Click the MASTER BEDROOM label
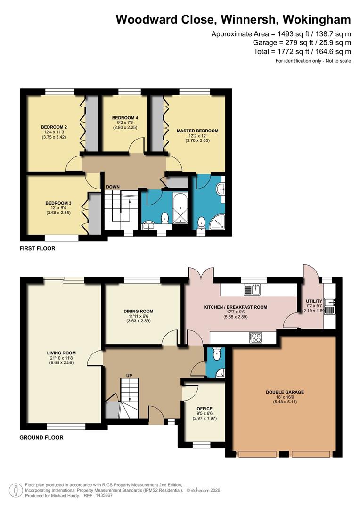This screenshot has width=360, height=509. tap(197, 131)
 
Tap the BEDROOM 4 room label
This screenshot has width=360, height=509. tap(125, 117)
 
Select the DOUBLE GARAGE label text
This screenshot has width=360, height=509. tap(285, 392)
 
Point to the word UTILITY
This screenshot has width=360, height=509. tap(314, 301)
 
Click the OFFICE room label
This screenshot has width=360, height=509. tap(205, 409)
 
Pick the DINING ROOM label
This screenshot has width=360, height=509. tap(139, 311)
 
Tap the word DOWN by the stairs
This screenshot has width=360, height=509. tap(113, 187)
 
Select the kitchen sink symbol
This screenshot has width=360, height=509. tap(250, 288)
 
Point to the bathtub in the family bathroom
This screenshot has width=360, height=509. tap(180, 207)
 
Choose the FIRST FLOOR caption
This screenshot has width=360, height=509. tap(37, 248)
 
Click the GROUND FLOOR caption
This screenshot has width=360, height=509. tap(41, 437)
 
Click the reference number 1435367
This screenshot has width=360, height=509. tap(103, 495)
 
